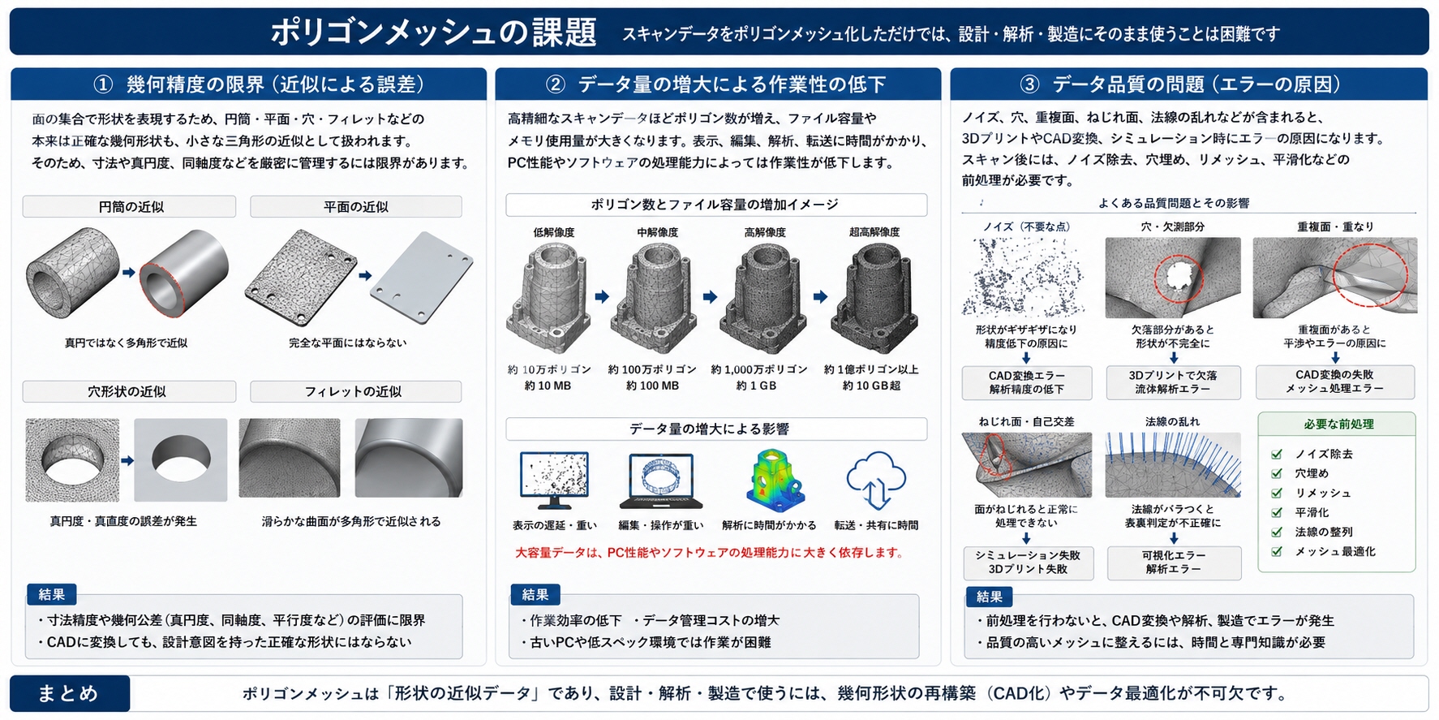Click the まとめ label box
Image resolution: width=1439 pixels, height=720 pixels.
tap(70, 693)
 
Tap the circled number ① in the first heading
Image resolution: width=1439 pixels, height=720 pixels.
tap(103, 84)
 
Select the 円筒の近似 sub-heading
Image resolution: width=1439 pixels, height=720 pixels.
tap(130, 207)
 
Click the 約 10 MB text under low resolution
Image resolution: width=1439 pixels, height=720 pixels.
tap(548, 386)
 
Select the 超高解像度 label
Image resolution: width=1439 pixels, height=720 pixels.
tap(874, 232)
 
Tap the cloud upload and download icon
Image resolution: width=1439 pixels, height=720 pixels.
tap(876, 480)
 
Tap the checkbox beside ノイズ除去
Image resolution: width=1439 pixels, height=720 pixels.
tap(1277, 454)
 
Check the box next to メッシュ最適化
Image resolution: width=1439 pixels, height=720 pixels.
tap(1277, 551)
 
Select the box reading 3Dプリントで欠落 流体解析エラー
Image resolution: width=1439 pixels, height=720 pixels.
tap(1173, 382)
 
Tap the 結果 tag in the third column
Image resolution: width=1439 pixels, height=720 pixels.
tap(990, 596)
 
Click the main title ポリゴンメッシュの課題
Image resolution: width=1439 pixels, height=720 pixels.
tap(433, 32)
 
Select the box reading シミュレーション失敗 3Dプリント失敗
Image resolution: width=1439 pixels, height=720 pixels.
tap(1028, 562)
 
